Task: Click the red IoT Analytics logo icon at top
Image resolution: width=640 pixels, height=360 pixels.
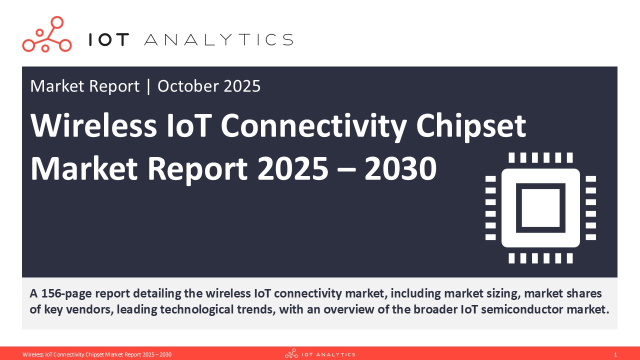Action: click(x=46, y=34)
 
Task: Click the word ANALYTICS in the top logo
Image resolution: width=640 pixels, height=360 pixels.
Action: click(x=218, y=40)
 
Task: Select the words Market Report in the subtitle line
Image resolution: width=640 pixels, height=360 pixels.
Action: click(x=84, y=86)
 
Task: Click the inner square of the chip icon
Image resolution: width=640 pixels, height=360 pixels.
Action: click(x=540, y=207)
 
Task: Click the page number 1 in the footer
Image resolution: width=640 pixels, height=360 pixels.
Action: click(x=615, y=354)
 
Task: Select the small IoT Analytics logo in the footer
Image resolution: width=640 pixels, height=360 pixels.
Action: click(x=320, y=354)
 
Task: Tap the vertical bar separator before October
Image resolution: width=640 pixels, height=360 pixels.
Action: click(x=148, y=86)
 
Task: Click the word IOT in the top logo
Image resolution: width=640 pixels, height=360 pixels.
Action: click(x=109, y=40)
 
